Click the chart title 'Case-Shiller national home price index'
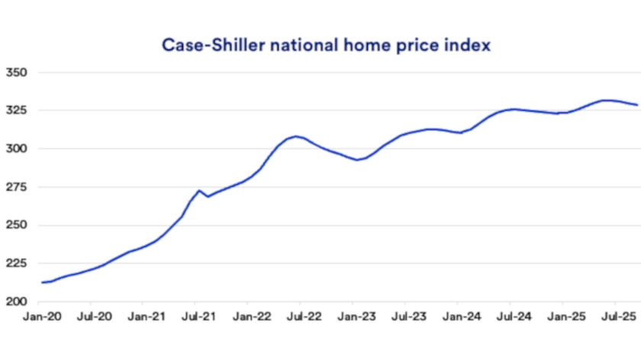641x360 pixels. click(x=326, y=45)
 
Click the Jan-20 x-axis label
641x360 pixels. click(x=38, y=314)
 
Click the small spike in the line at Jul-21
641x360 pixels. click(x=199, y=191)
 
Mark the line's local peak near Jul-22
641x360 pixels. click(x=297, y=137)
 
